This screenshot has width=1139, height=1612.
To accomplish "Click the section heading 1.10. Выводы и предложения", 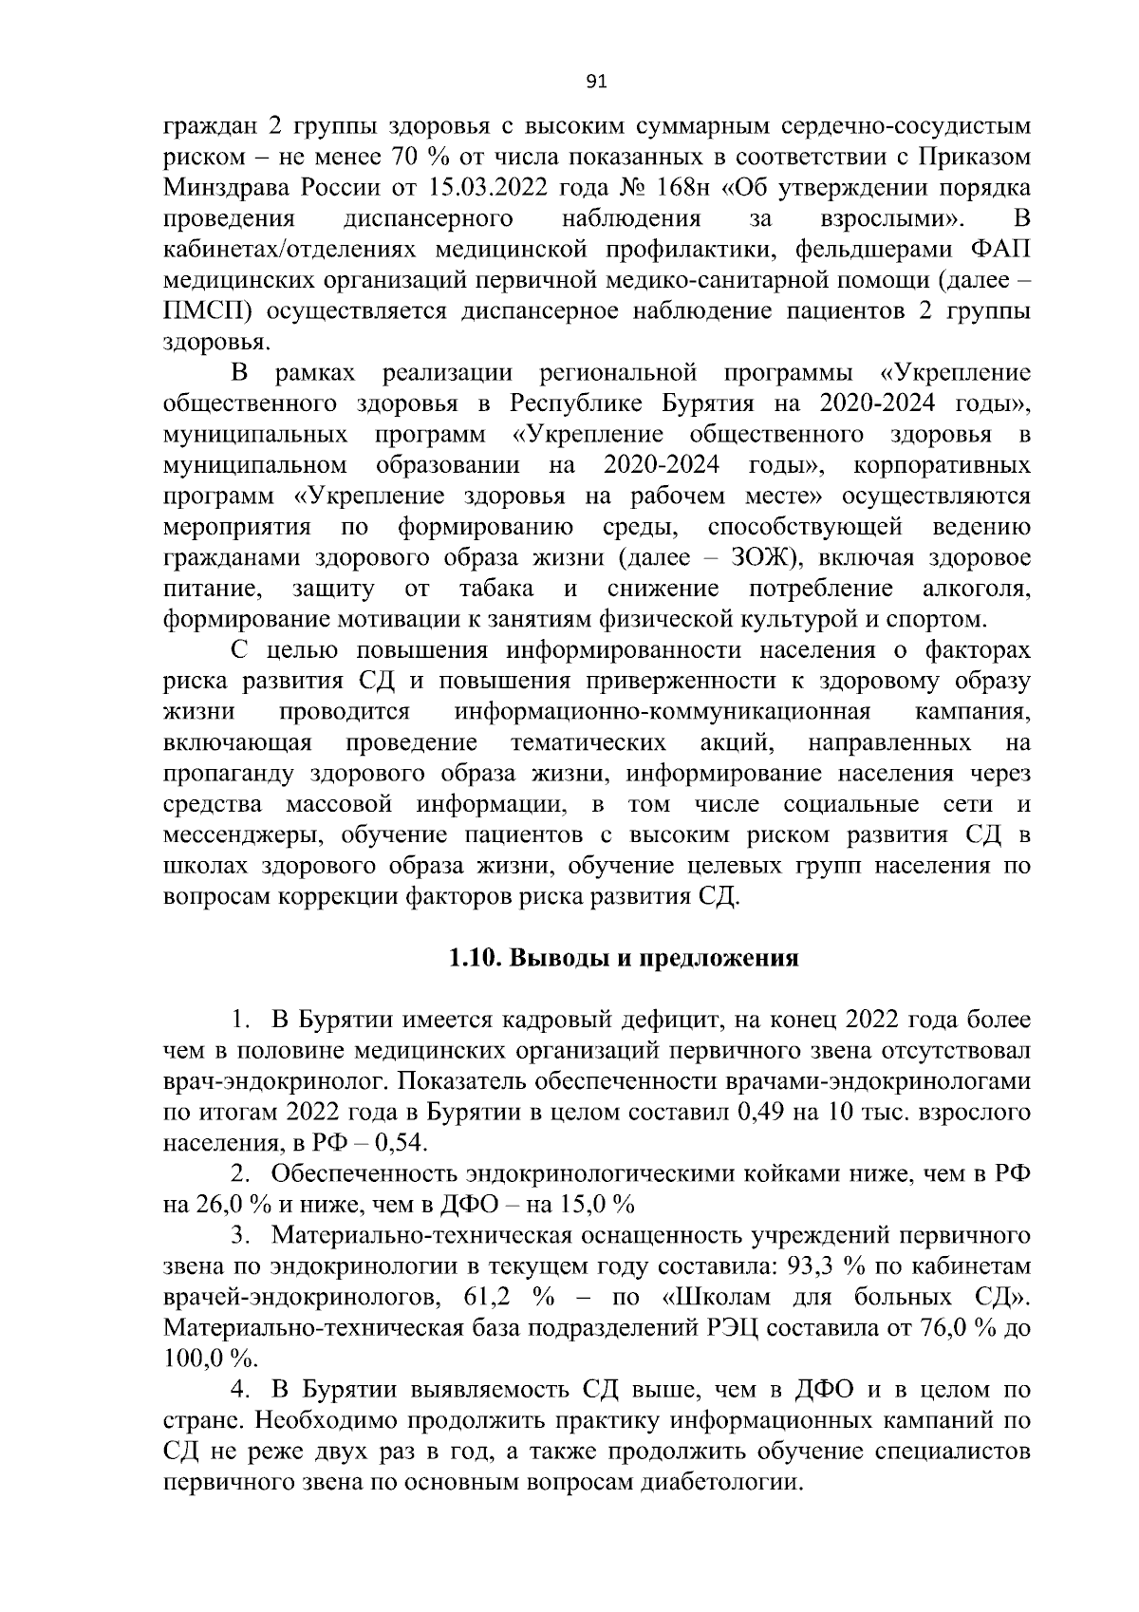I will (x=624, y=958).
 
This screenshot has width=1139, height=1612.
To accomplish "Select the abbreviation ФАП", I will (x=1001, y=250).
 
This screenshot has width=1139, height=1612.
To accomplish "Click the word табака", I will (x=495, y=589).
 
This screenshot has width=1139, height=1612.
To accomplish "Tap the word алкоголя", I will (x=978, y=589).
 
